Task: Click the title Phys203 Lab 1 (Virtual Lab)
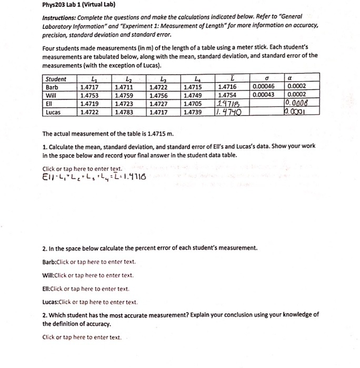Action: click(78, 6)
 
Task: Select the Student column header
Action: click(56, 79)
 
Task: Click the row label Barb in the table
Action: click(52, 87)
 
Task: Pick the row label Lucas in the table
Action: click(53, 112)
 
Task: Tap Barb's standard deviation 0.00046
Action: click(264, 87)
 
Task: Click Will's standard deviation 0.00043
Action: click(264, 95)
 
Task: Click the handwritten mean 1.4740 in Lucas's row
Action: click(229, 112)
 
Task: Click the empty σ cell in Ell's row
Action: click(266, 104)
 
